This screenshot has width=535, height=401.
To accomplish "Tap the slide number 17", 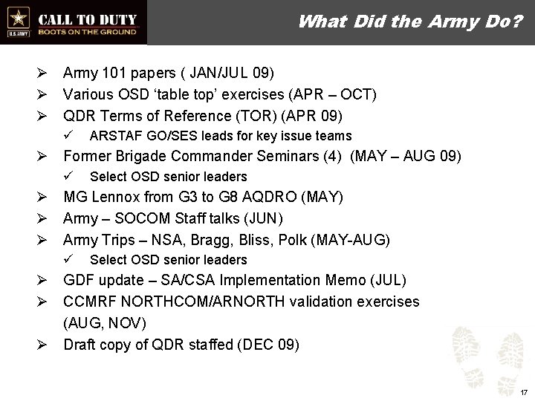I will (523, 391).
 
